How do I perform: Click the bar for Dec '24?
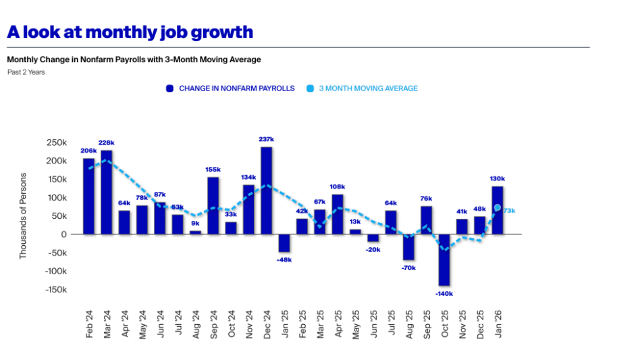pyautogui.click(x=266, y=190)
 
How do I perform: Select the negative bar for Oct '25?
pyautogui.click(x=444, y=260)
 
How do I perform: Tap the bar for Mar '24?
pyautogui.click(x=107, y=192)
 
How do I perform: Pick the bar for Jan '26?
pyautogui.click(x=498, y=210)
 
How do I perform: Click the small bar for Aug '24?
pyautogui.click(x=195, y=232)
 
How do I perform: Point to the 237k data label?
pyautogui.click(x=266, y=139)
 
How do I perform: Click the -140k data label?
pyautogui.click(x=444, y=294)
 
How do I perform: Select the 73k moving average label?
pyautogui.click(x=509, y=211)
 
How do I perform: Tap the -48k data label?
pyautogui.click(x=284, y=259)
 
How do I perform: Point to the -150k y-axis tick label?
pyautogui.click(x=54, y=290)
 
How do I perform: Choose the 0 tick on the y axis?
pyautogui.click(x=63, y=234)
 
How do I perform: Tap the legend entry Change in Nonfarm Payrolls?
pyautogui.click(x=230, y=88)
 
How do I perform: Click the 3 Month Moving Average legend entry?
pyautogui.click(x=362, y=88)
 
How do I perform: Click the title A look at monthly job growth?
pyautogui.click(x=130, y=32)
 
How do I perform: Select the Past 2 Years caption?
pyautogui.click(x=26, y=72)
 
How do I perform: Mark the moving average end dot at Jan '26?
pyautogui.click(x=498, y=208)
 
